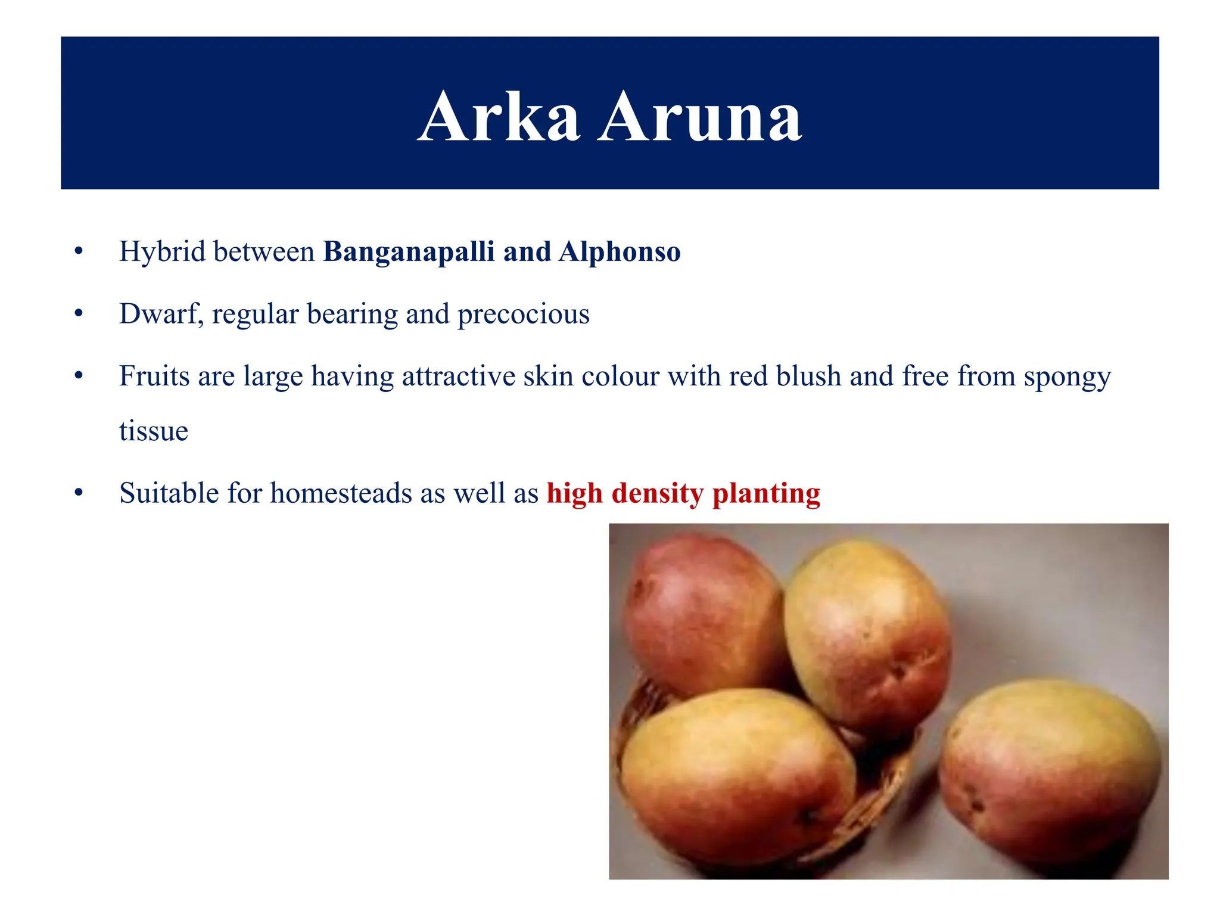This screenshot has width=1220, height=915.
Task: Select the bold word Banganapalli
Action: [409, 252]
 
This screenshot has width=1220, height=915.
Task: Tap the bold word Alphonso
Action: [620, 252]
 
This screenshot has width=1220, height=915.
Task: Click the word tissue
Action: [154, 431]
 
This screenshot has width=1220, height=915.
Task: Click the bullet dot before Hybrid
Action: [79, 252]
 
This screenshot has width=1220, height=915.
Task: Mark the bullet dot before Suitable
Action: [79, 494]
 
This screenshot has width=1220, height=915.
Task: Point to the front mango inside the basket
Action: [736, 774]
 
